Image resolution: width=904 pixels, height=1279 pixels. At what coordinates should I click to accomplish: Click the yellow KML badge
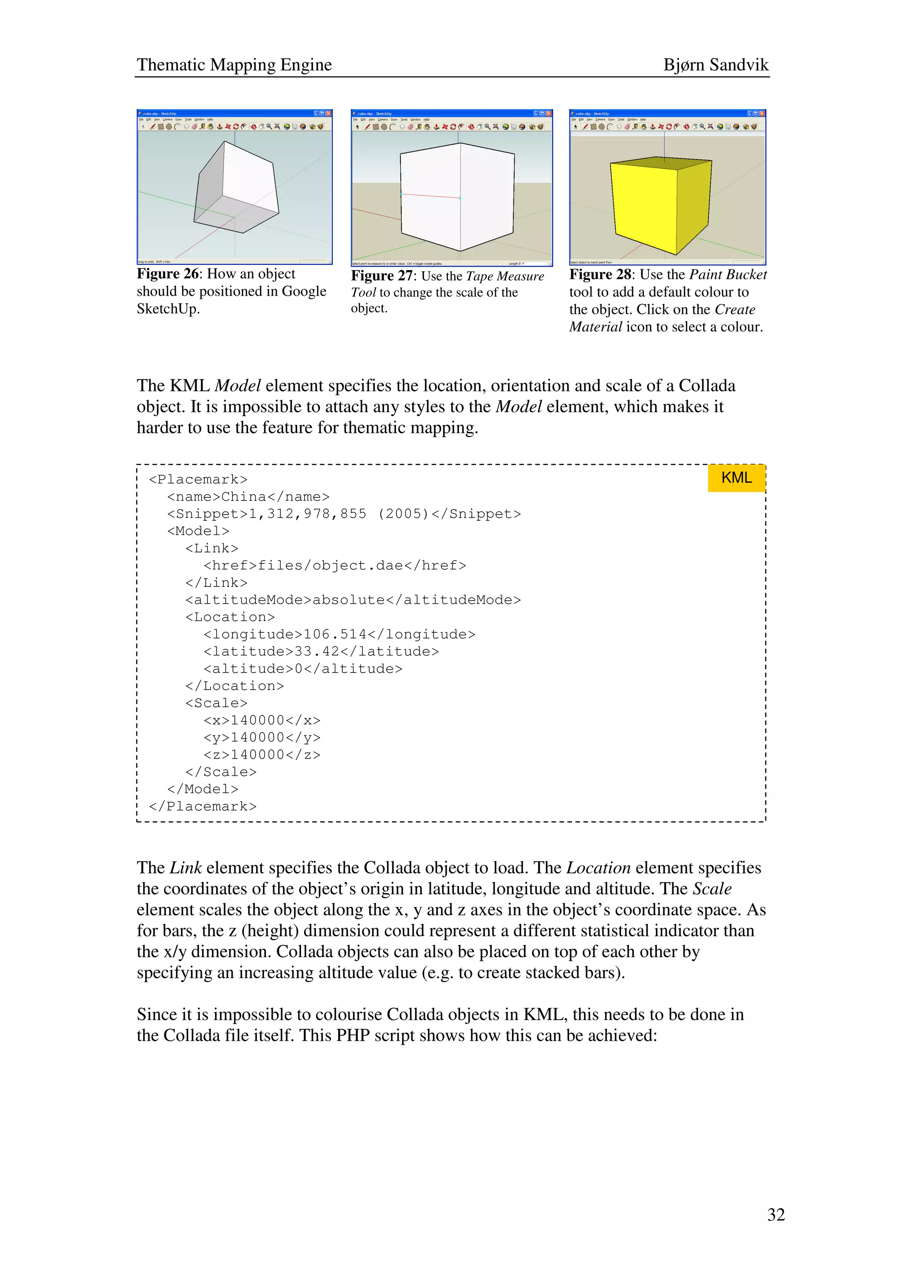[x=736, y=478]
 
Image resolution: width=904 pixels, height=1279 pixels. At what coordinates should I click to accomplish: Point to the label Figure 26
[x=167, y=274]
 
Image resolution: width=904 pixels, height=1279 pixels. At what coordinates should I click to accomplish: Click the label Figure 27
[x=381, y=276]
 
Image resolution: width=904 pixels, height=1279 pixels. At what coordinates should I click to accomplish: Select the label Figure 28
[x=600, y=275]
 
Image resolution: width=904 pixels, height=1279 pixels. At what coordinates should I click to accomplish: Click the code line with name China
[x=248, y=497]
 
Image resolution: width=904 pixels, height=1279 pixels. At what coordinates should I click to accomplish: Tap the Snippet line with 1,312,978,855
[x=344, y=514]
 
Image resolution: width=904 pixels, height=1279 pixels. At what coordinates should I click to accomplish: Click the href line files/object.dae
[x=334, y=566]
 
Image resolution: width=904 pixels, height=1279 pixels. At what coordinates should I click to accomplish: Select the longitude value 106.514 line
[x=339, y=635]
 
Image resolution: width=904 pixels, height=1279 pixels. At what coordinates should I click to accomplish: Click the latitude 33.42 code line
[x=321, y=652]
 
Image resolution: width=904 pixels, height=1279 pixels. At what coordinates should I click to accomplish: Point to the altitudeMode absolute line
[x=353, y=600]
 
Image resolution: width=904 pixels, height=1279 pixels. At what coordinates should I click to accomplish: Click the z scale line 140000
[x=262, y=755]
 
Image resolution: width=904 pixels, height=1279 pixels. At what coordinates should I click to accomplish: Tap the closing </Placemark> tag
[x=203, y=807]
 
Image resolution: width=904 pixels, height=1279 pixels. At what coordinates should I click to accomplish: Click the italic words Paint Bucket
[x=727, y=275]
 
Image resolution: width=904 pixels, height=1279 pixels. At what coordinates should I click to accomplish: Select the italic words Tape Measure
[x=505, y=276]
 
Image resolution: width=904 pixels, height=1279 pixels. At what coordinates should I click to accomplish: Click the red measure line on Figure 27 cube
[x=430, y=196]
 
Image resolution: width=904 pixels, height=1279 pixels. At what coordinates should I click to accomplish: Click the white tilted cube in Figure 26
[x=237, y=187]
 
